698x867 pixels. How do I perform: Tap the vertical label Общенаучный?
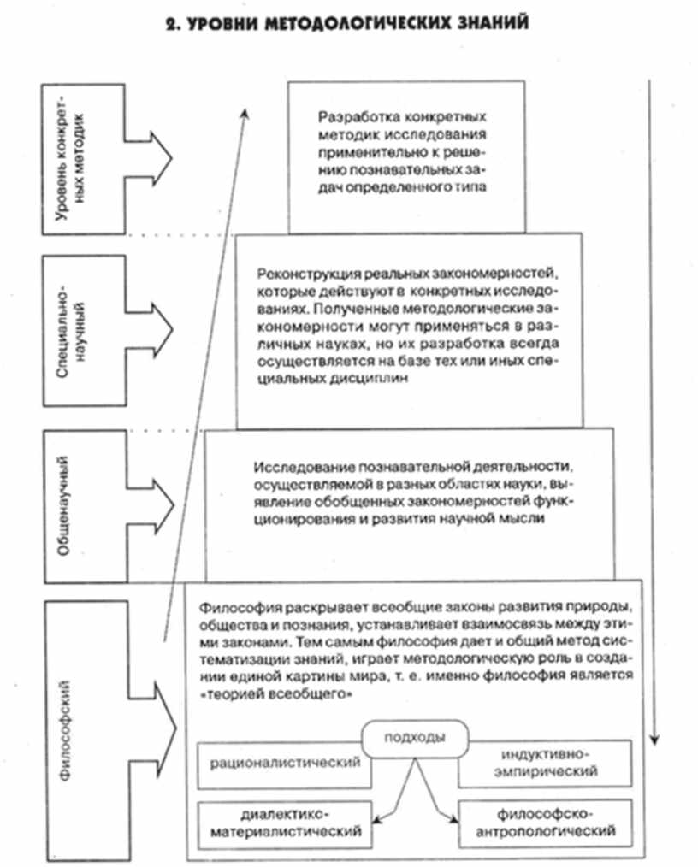[64, 505]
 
